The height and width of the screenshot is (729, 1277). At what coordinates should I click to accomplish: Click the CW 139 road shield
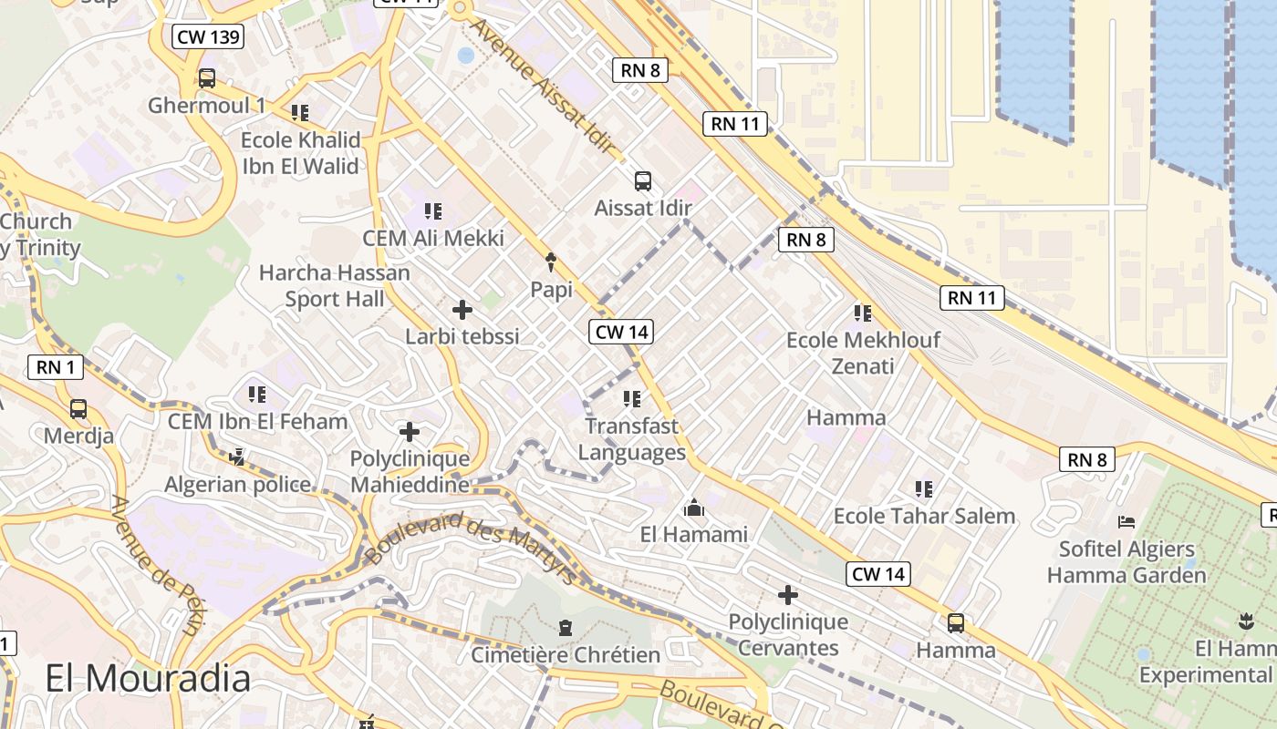[207, 37]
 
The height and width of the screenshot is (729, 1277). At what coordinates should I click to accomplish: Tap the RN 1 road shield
[56, 367]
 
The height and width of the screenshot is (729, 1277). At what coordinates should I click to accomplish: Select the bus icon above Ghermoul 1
[207, 78]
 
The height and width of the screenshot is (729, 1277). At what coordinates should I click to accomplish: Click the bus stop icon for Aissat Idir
[643, 180]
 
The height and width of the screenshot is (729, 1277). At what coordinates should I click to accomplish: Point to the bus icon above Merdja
[78, 409]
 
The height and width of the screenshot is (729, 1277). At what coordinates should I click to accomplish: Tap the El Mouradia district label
[148, 679]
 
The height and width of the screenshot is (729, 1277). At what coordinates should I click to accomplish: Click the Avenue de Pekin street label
[156, 565]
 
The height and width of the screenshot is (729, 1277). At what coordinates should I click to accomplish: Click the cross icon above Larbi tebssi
[462, 310]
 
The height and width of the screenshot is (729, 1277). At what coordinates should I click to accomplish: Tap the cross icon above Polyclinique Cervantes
[788, 596]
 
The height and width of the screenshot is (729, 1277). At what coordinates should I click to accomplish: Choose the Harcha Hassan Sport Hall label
[335, 285]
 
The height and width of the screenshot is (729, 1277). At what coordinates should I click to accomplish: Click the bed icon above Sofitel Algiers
[1126, 522]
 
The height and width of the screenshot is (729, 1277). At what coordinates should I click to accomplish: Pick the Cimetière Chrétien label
[566, 655]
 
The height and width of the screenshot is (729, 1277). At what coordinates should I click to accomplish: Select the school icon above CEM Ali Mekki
[433, 211]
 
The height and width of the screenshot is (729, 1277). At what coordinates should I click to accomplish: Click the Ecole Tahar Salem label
[924, 516]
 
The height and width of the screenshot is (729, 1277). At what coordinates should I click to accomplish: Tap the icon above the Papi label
[551, 263]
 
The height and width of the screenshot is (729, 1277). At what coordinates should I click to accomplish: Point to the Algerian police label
[238, 484]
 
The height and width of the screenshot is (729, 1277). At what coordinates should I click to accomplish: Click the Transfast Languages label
[632, 439]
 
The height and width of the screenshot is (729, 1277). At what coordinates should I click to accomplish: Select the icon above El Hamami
[694, 508]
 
